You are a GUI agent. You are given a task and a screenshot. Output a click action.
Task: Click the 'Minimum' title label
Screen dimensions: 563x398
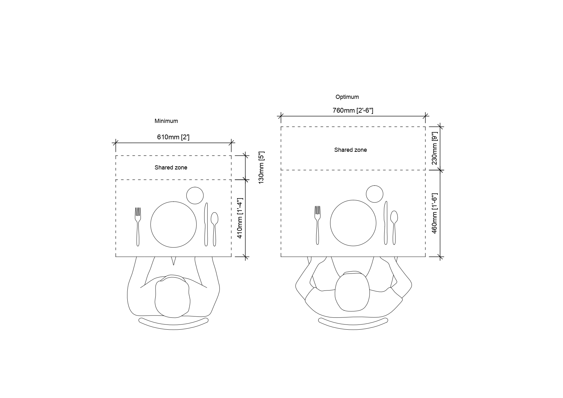pyautogui.click(x=166, y=121)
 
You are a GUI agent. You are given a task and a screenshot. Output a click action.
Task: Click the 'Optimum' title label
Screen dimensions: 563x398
pyautogui.click(x=347, y=97)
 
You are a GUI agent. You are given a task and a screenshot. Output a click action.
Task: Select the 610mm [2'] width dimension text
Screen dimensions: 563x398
pyautogui.click(x=173, y=137)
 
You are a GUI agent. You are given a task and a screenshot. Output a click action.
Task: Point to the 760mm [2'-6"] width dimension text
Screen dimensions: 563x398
pyautogui.click(x=353, y=110)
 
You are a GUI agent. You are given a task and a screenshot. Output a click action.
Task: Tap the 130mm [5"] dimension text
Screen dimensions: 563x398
pyautogui.click(x=261, y=167)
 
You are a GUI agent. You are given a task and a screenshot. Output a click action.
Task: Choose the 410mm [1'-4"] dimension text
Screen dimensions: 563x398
pyautogui.click(x=240, y=218)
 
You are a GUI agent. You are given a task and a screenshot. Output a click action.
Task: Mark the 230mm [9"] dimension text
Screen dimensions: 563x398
pyautogui.click(x=435, y=148)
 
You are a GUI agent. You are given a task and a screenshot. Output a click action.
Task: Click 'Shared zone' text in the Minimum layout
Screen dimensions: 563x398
pyautogui.click(x=171, y=168)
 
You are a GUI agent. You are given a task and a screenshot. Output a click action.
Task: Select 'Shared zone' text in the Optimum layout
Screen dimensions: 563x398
pyautogui.click(x=351, y=150)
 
